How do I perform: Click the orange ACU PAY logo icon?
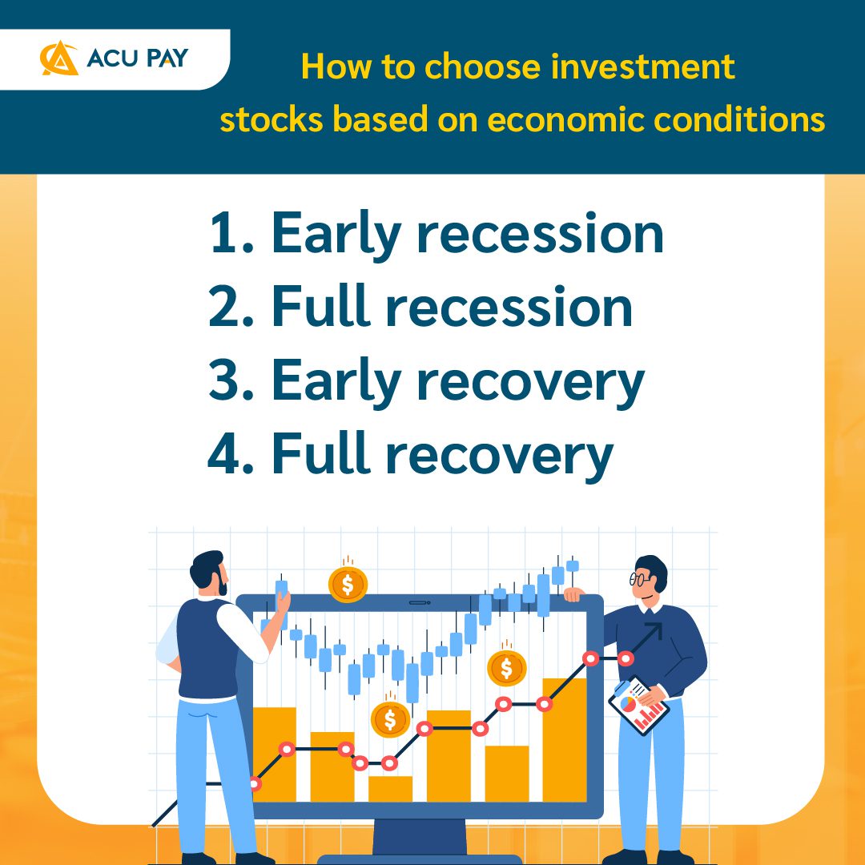(x=58, y=59)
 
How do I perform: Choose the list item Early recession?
(x=437, y=233)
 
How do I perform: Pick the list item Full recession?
(x=420, y=307)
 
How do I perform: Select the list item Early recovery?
(x=426, y=381)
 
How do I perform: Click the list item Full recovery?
(x=410, y=454)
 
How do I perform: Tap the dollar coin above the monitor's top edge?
(x=348, y=584)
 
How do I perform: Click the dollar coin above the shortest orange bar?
(x=390, y=719)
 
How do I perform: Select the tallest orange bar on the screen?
(x=565, y=738)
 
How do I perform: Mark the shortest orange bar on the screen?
(x=390, y=788)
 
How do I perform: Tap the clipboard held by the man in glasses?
(x=638, y=706)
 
